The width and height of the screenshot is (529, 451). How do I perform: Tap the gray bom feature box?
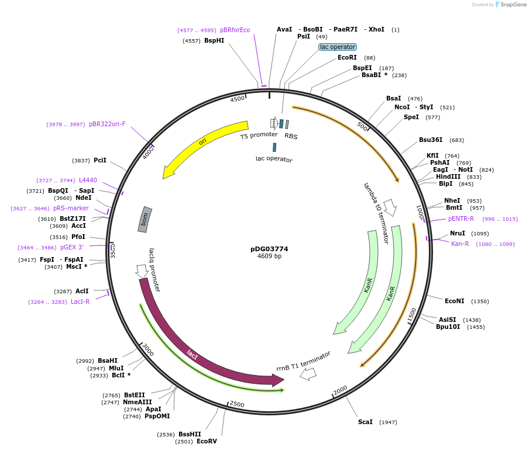coord(145,219)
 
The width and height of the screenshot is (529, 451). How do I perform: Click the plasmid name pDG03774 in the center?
coord(269,249)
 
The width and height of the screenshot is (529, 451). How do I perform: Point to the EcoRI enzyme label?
coord(347,58)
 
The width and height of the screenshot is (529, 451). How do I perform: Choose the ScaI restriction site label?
coord(365,422)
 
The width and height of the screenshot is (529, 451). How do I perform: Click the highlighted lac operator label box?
coord(338,47)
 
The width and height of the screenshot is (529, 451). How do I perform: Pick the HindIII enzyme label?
coord(448,176)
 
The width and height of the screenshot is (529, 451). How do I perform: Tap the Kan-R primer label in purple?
coord(460,244)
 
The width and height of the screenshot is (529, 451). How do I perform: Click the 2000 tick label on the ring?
coord(340,390)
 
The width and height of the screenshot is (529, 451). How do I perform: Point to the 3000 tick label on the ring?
coord(147,350)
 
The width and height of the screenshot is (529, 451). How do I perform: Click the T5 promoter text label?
coord(259,136)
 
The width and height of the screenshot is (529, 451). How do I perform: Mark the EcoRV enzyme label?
coord(207,441)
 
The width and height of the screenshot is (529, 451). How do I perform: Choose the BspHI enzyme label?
coord(214,40)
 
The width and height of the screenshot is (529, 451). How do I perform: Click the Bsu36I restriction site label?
coord(433,140)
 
